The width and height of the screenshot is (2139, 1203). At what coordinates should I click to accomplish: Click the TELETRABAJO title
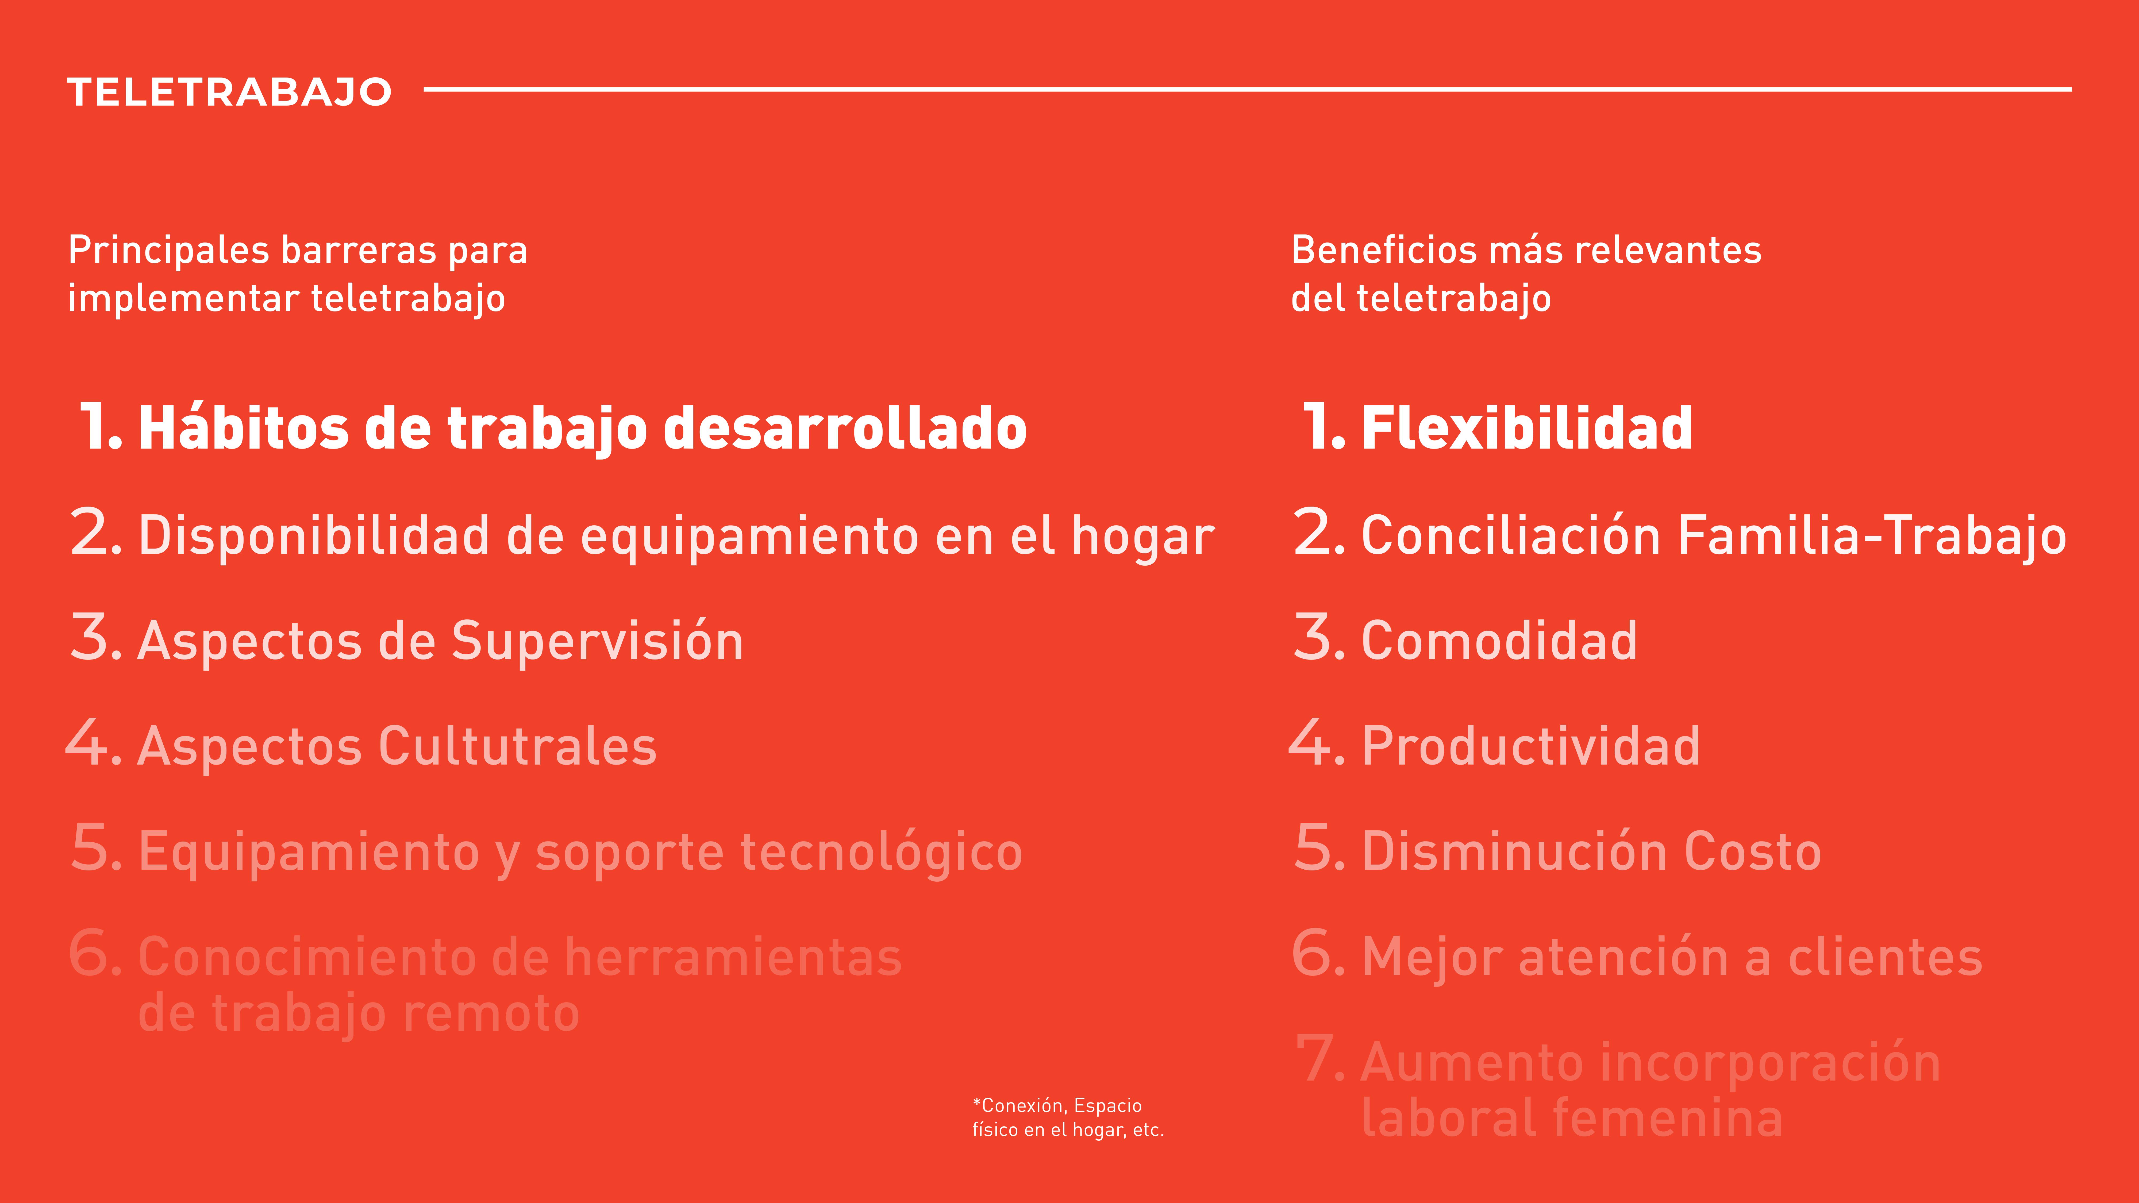point(229,92)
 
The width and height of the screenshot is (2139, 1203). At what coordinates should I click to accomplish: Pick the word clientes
point(1885,957)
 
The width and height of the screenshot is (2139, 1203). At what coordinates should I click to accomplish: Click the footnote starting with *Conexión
point(1068,1117)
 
